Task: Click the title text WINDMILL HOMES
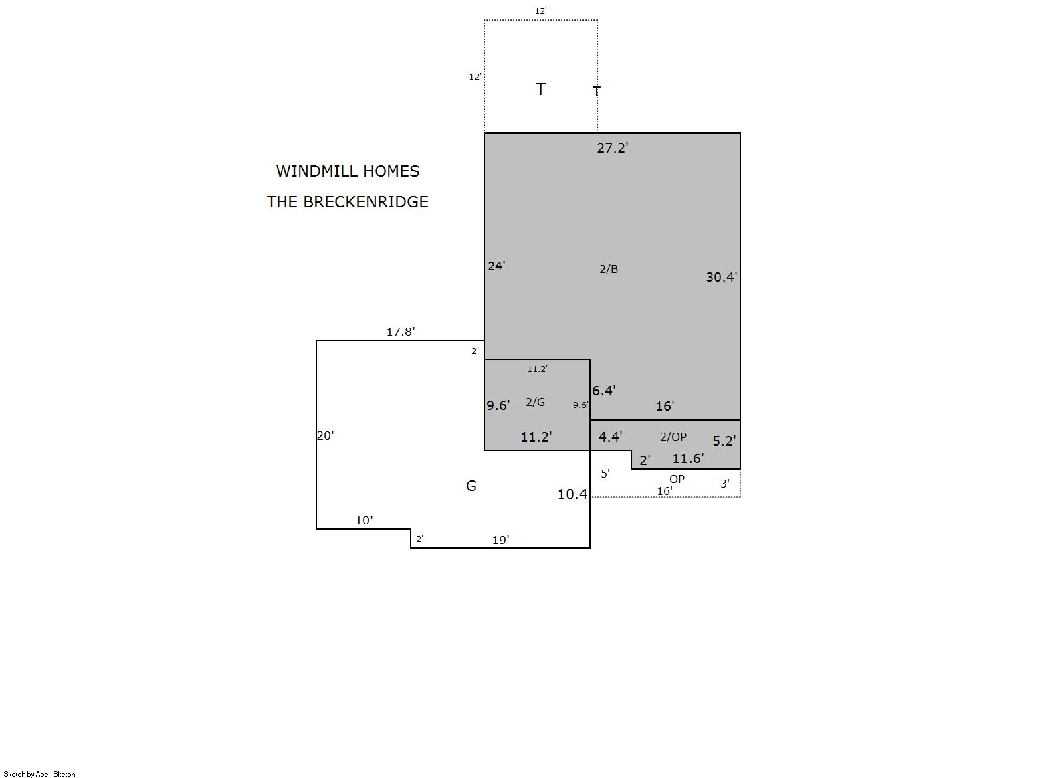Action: pyautogui.click(x=348, y=171)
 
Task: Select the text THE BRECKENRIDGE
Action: pyautogui.click(x=348, y=202)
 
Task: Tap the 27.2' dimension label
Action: pyautogui.click(x=613, y=148)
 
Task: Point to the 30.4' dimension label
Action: pyautogui.click(x=721, y=277)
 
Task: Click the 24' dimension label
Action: pyautogui.click(x=496, y=266)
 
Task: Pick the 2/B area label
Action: pyautogui.click(x=609, y=269)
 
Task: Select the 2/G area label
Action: pyautogui.click(x=535, y=402)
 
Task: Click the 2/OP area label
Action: pyautogui.click(x=673, y=437)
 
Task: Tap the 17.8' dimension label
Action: pyautogui.click(x=401, y=332)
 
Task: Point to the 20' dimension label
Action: pyautogui.click(x=326, y=435)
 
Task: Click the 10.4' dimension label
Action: pyautogui.click(x=573, y=494)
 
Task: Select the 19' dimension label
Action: pyautogui.click(x=501, y=540)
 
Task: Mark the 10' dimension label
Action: pyautogui.click(x=364, y=520)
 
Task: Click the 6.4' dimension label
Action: pyautogui.click(x=604, y=391)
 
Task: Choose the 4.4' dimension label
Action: pyautogui.click(x=611, y=437)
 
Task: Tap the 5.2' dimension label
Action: pyautogui.click(x=724, y=441)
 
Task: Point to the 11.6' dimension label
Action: pyautogui.click(x=688, y=458)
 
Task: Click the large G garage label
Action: pyautogui.click(x=471, y=486)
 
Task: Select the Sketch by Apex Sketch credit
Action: pyautogui.click(x=39, y=774)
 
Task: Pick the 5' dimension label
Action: pyautogui.click(x=605, y=474)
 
